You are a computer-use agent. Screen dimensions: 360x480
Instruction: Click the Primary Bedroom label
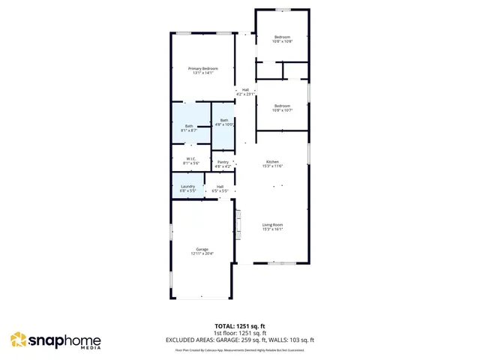click(x=202, y=68)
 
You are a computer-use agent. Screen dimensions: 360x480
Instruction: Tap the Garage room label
click(x=202, y=249)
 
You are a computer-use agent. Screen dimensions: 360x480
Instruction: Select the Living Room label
click(x=272, y=224)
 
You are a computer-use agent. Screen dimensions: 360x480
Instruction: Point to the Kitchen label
click(x=272, y=162)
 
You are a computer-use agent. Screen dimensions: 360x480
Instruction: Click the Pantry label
click(x=223, y=162)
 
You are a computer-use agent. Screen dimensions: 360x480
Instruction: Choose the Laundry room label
click(x=187, y=186)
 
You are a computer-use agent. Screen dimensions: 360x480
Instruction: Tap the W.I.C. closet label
click(x=191, y=158)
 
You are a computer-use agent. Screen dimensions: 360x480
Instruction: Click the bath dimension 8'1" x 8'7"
click(x=189, y=130)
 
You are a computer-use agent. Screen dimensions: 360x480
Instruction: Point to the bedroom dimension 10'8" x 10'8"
click(x=282, y=41)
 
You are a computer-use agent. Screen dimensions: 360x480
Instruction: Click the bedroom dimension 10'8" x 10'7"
click(x=282, y=110)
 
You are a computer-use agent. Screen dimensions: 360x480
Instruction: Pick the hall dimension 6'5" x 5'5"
click(x=220, y=190)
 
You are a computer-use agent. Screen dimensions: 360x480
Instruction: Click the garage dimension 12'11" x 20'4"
click(x=202, y=253)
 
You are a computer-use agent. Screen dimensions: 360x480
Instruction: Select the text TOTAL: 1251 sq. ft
click(x=239, y=326)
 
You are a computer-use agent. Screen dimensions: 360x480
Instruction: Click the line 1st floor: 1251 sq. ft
click(x=239, y=333)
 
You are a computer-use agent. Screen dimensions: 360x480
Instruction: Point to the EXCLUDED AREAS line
click(x=239, y=340)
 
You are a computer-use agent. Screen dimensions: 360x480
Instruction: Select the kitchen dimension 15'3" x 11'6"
click(x=272, y=166)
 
